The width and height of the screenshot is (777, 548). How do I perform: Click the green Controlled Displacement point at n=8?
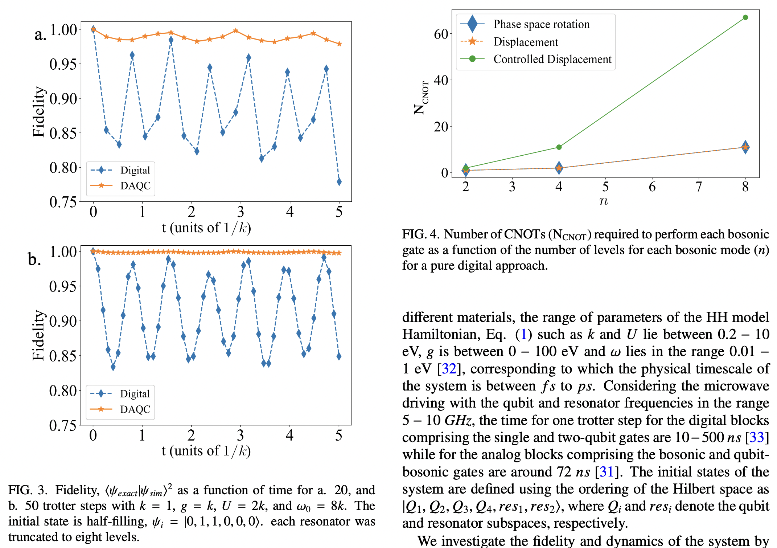745,17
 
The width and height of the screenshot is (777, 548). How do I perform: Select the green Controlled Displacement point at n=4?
559,147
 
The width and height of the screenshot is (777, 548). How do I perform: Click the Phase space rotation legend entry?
541,24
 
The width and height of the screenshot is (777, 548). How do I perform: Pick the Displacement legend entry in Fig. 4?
526,42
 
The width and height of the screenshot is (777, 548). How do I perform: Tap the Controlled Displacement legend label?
552,59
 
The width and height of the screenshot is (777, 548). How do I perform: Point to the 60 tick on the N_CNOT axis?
441,34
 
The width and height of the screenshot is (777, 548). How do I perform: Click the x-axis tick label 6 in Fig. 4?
652,187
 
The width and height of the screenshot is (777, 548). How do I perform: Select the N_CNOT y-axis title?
422,98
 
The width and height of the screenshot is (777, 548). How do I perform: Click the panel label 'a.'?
40,35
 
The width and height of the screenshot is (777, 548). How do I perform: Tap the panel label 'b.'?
34,259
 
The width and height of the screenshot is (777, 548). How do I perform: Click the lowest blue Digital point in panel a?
339,182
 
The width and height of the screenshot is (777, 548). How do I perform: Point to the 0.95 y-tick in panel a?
63,64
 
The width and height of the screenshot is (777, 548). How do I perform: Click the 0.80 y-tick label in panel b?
63,391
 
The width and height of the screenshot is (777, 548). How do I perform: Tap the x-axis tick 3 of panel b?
240,435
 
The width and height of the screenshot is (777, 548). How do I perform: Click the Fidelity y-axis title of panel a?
38,112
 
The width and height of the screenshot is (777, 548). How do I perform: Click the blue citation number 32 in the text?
449,369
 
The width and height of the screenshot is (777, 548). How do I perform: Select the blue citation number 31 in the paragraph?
607,472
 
